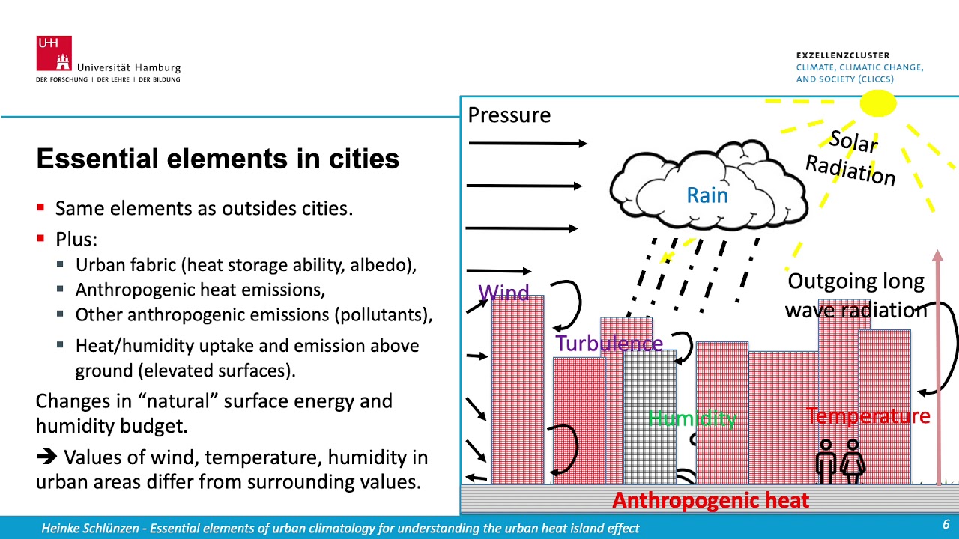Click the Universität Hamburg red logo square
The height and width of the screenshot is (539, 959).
tap(54, 53)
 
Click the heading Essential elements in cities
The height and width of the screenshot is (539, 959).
tap(217, 159)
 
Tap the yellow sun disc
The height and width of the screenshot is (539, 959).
tap(877, 103)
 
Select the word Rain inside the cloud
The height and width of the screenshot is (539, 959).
tap(707, 195)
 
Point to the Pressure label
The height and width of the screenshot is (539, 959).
tap(509, 115)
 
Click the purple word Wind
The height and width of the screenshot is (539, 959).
tap(503, 293)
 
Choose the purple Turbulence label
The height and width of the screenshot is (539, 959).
tap(608, 344)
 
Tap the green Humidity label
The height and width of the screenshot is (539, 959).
tap(692, 418)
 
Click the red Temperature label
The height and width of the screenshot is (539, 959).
tap(868, 415)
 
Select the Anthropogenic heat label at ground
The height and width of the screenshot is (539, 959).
tap(710, 500)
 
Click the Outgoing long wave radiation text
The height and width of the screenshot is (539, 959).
tap(856, 295)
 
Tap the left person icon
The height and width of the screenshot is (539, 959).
tap(826, 460)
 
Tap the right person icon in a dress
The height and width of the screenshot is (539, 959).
tap(853, 460)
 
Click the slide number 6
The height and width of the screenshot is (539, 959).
tap(946, 524)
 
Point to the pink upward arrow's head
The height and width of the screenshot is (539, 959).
tap(937, 257)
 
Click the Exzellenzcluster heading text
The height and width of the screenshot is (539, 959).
tap(843, 55)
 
